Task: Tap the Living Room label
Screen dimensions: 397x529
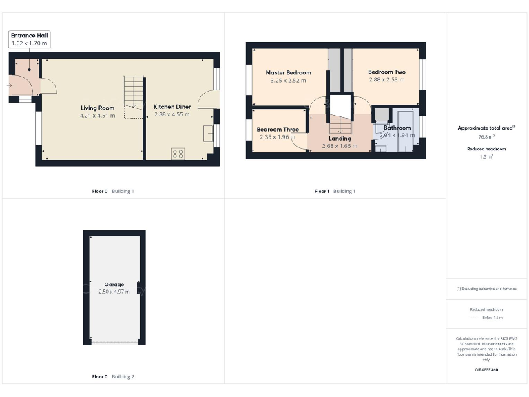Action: click(97, 108)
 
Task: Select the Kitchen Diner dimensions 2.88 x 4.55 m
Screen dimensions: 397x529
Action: click(172, 115)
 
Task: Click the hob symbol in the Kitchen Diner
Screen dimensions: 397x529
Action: click(177, 154)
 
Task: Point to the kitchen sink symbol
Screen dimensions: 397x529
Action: click(207, 133)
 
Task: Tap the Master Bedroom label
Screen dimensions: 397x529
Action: click(288, 72)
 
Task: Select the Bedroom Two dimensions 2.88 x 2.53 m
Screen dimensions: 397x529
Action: click(386, 80)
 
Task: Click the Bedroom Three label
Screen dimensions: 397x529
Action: click(278, 129)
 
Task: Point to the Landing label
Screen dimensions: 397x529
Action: click(340, 138)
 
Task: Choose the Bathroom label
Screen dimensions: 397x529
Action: click(397, 128)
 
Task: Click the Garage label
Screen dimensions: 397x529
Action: click(114, 284)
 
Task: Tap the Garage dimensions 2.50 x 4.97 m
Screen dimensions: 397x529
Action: click(114, 292)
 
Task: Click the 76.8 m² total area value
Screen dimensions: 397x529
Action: click(486, 137)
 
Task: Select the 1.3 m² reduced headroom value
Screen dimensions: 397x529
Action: click(486, 156)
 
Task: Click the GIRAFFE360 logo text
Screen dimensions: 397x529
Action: click(486, 370)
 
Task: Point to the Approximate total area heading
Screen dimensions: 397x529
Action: click(485, 128)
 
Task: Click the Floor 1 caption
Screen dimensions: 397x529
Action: click(322, 191)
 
